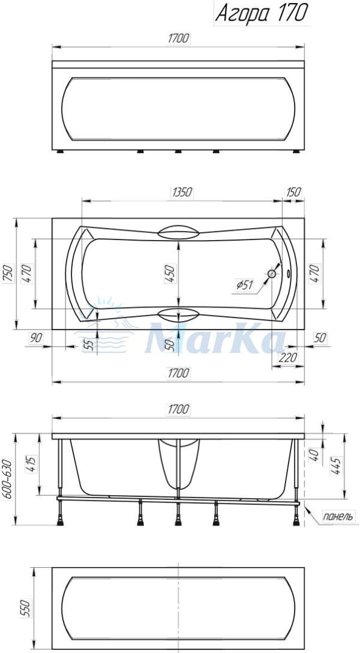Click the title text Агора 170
pos(261,13)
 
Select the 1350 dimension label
pos(182,192)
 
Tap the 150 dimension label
pos(293,192)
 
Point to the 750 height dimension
pos(8,274)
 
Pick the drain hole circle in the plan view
pos(272,274)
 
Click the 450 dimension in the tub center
pos(171,274)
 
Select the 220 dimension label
pos(288,357)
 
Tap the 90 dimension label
pos(36,338)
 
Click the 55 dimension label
pos(88,344)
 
